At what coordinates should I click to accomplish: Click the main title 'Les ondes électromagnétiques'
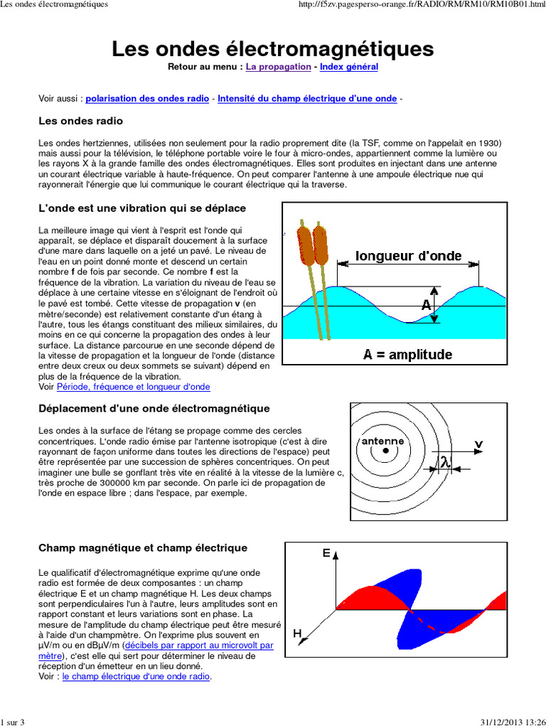coord(272,49)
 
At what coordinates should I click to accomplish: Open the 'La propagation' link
coord(278,67)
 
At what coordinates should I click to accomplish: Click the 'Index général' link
coord(348,67)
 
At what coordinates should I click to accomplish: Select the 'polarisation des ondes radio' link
coord(147,99)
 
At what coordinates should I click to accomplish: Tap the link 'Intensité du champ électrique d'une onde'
coord(307,99)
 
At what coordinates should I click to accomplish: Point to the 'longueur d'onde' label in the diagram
coord(408,256)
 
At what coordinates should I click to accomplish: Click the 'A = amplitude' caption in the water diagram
coord(407,354)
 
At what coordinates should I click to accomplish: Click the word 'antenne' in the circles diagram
coord(382,441)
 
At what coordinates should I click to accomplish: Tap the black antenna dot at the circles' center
coord(385,451)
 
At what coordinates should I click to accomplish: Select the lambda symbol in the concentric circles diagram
coord(444,462)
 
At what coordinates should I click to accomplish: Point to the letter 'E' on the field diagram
coord(326,552)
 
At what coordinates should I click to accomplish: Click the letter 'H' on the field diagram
coord(297,632)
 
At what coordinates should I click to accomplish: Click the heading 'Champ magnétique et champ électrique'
coord(143,548)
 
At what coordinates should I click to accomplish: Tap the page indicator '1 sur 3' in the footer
coord(13,722)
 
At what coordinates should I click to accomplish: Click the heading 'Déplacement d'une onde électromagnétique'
coord(154,408)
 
